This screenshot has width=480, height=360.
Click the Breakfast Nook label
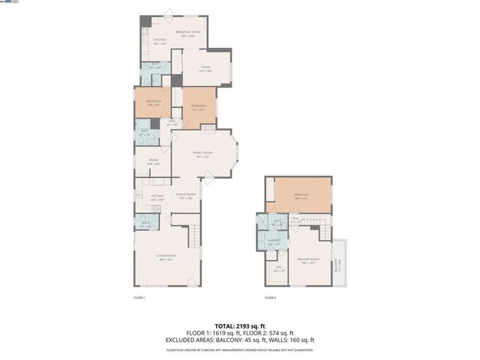coord(188,33)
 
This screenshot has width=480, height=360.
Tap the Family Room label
coord(202,154)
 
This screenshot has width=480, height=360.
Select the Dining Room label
coord(185,196)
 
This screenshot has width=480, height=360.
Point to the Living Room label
coord(166,257)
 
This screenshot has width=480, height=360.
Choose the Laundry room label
coord(274,241)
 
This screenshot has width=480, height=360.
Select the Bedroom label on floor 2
coord(301,196)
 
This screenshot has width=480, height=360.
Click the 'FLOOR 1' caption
coord(139,298)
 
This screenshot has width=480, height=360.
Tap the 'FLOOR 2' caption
coord(270,298)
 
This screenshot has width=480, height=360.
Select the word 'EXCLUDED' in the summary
coord(182,339)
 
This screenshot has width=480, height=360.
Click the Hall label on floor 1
coord(172,122)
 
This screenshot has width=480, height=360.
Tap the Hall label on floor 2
coord(295,219)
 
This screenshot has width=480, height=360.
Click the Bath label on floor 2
coord(277,222)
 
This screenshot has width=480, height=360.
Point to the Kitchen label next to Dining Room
coord(157,197)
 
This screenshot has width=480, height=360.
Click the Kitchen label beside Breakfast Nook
coord(160,41)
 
